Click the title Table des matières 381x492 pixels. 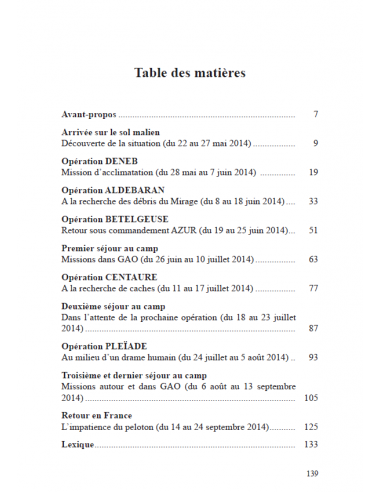click(190, 73)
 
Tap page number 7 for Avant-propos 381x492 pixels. click(314, 114)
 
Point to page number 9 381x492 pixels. click(314, 144)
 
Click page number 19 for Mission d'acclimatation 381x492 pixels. click(312, 173)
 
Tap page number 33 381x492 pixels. click(312, 202)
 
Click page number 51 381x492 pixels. click(312, 231)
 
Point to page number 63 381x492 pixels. click(312, 259)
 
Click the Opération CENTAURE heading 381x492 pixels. click(109, 277)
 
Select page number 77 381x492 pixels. click(312, 289)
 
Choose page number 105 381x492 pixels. click(310, 397)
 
